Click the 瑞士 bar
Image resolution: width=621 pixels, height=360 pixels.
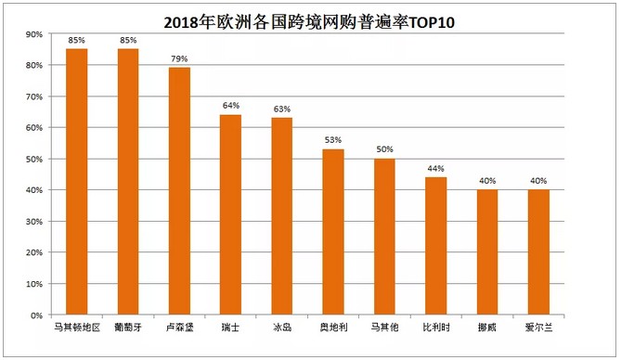coord(230,214)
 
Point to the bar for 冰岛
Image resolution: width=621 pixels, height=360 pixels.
coord(282,216)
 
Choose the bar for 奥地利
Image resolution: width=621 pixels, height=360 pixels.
coord(333,232)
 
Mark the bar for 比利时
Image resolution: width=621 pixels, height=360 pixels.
coord(436,246)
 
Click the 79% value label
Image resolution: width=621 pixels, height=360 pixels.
coord(179,59)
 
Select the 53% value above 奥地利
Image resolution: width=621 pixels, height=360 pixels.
coord(333,140)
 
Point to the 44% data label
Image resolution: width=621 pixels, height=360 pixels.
coord(436,168)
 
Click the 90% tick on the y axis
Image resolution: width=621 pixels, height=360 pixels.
coord(34,34)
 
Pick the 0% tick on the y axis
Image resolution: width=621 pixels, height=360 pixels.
coord(37,315)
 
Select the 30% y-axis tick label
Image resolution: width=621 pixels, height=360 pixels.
coord(34,221)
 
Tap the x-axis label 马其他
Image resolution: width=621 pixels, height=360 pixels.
coord(384,328)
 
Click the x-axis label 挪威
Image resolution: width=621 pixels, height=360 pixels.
coord(487,328)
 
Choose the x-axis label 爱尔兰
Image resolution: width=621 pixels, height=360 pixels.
coord(538,328)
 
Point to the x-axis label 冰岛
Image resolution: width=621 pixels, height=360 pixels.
coord(282,328)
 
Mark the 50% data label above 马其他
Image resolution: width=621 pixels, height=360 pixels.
coord(384,149)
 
